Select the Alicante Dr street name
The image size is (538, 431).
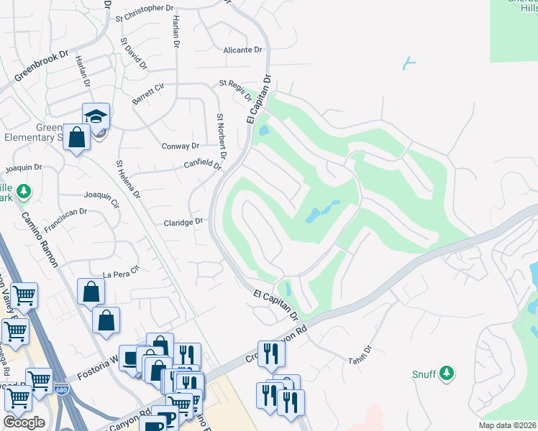242,50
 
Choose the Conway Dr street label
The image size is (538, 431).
181,146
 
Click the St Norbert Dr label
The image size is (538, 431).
222,136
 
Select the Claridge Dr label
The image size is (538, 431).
183,223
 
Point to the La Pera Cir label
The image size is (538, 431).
120,274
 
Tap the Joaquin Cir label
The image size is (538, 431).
101,198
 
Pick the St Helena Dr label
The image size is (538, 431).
128,180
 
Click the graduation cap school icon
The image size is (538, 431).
96,116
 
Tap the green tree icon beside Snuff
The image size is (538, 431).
447,372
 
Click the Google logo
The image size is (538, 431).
24,422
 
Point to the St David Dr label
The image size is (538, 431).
134,54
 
